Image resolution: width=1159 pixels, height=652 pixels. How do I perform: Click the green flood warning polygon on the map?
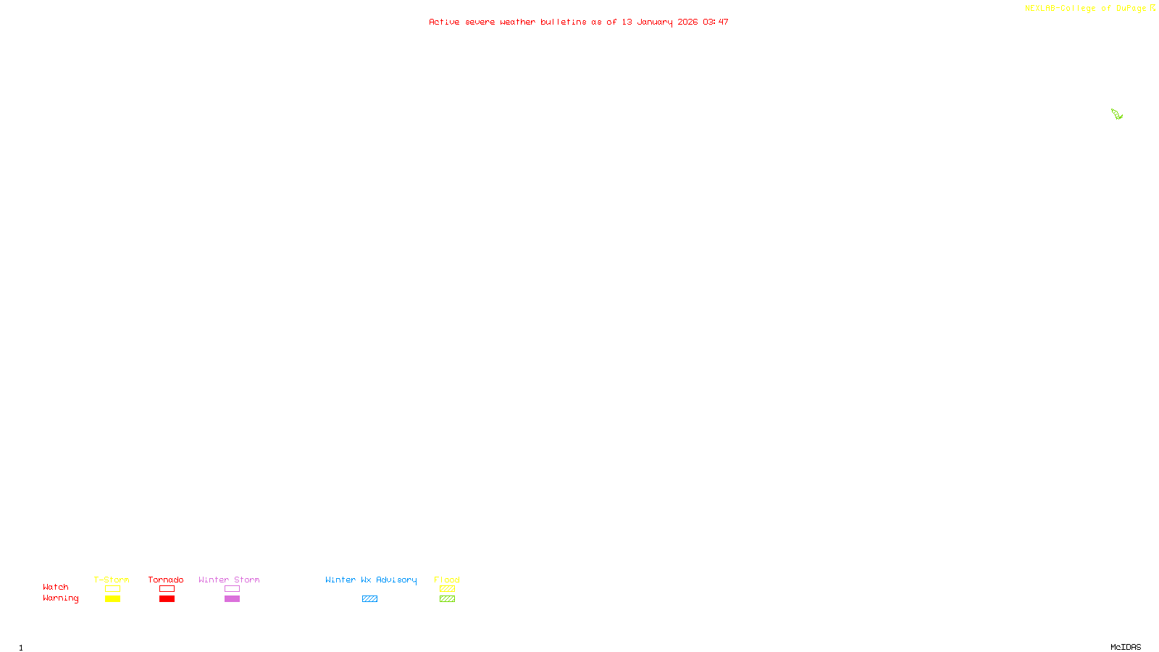1116,114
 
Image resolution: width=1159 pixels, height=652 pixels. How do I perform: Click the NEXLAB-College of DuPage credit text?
1085,9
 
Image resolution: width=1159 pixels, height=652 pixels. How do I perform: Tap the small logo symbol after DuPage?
1152,8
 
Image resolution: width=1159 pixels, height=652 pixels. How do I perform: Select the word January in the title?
654,22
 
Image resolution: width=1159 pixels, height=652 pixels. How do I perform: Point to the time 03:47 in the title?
715,22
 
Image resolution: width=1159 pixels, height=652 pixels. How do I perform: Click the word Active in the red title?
443,22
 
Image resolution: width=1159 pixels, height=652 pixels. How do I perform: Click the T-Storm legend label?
112,580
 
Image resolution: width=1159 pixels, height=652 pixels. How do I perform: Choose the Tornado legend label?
166,580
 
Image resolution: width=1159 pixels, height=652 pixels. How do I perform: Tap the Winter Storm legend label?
229,580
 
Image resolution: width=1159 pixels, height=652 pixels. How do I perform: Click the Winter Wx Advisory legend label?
371,580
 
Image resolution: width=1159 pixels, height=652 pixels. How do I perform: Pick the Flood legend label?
447,580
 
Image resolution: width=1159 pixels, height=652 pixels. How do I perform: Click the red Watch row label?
56,587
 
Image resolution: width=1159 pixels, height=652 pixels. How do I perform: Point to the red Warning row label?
61,598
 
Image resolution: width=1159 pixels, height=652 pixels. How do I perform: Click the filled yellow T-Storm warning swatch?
112,599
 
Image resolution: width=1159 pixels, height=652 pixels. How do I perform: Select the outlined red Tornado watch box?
167,589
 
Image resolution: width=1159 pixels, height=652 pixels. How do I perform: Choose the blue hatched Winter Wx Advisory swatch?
369,599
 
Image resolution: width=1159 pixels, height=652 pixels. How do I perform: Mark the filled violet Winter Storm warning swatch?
232,599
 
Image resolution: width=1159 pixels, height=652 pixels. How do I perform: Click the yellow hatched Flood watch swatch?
447,589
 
